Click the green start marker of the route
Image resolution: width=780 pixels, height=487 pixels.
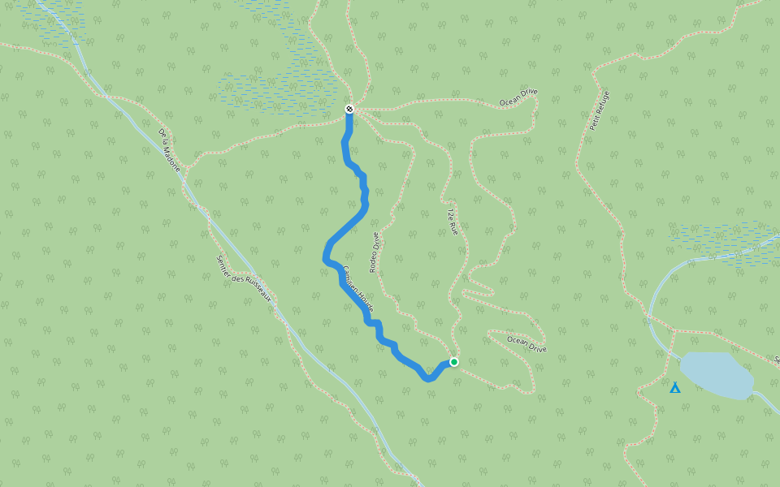pos(454,362)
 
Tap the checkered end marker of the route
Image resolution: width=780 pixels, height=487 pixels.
pos(349,109)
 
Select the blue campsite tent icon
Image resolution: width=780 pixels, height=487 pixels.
pos(674,388)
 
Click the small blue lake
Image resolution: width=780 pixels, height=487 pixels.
pos(716,375)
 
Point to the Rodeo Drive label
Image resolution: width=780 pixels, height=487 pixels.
pos(375,252)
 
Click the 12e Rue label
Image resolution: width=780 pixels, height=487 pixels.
pos(453,222)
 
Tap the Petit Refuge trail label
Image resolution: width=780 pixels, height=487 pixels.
pos(599,110)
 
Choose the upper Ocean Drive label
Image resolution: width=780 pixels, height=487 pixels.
pos(518,97)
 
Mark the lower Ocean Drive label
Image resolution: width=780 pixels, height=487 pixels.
pos(526,344)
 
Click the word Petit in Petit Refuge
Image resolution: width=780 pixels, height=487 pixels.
pos(595,122)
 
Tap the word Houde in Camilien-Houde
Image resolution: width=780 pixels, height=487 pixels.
pos(366,300)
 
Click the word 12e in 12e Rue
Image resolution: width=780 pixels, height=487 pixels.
pos(450,214)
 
